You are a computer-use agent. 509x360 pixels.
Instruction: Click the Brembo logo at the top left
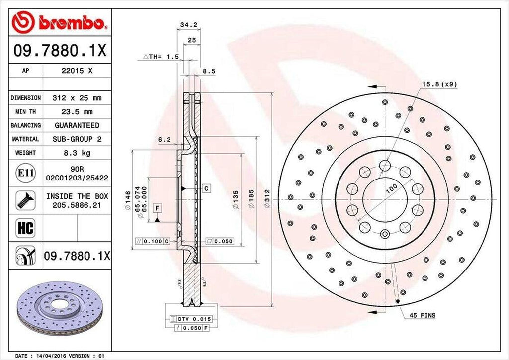click(x=60, y=22)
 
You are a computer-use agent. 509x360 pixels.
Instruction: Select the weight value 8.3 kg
click(x=77, y=153)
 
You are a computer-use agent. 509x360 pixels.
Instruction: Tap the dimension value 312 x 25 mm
click(x=77, y=98)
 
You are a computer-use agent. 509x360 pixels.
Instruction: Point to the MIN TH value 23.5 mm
click(x=77, y=112)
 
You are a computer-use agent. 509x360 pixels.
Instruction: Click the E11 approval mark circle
click(x=25, y=173)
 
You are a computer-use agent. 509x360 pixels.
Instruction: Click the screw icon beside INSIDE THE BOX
click(x=25, y=200)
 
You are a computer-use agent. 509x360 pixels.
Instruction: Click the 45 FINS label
click(x=423, y=315)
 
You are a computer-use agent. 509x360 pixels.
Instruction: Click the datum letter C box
click(x=205, y=188)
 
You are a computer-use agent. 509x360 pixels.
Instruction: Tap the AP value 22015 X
click(x=77, y=71)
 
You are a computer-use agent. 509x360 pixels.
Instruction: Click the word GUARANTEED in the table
click(x=77, y=125)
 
